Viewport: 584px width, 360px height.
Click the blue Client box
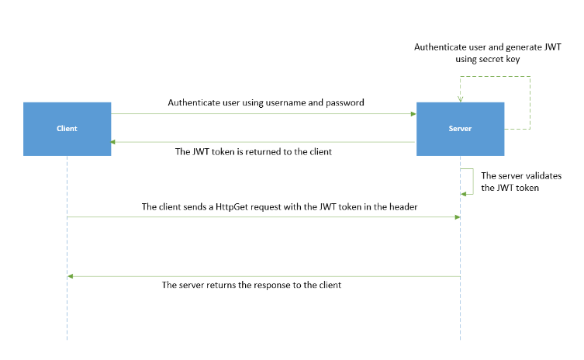[67, 129]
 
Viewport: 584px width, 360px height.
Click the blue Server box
[461, 129]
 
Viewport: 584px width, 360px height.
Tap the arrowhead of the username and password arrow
[413, 114]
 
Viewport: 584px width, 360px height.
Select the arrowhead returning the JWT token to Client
[114, 142]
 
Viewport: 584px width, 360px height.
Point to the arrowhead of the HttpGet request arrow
[458, 217]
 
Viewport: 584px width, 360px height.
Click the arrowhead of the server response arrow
[71, 276]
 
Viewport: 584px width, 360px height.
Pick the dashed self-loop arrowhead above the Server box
[461, 99]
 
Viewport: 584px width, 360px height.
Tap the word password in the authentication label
[344, 102]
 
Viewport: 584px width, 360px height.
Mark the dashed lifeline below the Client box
[67, 310]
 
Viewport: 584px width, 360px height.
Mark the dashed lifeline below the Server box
[461, 310]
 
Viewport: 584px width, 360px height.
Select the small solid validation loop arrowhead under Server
[464, 194]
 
